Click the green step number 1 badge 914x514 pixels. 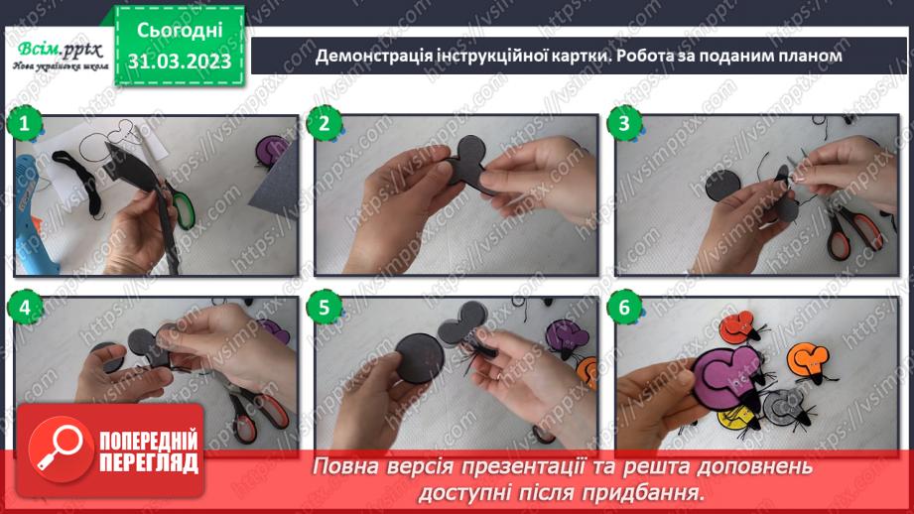[23, 124]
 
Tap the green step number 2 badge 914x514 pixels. [324, 124]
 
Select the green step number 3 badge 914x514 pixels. [624, 124]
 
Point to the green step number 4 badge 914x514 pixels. [23, 308]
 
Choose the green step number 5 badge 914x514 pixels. [324, 308]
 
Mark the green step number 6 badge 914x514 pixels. [624, 308]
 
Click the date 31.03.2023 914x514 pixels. [180, 61]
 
